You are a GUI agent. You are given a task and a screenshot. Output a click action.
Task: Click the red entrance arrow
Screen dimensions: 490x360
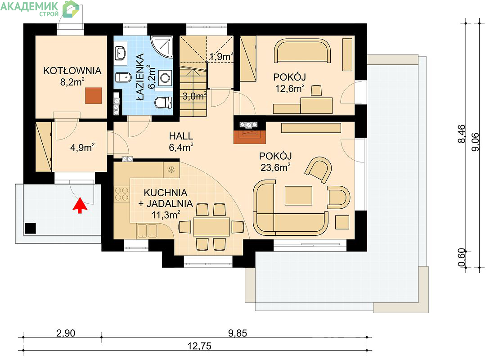tap(80, 205)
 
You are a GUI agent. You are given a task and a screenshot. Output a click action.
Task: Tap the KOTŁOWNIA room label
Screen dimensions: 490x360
tap(72, 71)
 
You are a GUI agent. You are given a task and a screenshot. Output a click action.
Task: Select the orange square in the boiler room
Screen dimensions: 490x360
tap(94, 95)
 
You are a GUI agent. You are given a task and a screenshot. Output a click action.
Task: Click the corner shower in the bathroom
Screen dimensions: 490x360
tap(163, 46)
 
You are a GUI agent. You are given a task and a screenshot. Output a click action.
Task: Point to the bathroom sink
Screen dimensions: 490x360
tap(120, 53)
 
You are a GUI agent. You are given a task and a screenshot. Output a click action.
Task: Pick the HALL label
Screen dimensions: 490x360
tap(181, 136)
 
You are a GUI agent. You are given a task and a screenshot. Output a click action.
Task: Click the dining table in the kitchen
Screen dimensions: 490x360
tap(211, 227)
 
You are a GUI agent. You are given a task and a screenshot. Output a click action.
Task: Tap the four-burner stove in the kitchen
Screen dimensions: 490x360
tap(122, 193)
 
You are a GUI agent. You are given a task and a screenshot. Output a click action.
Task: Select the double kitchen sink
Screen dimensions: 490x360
tap(147, 231)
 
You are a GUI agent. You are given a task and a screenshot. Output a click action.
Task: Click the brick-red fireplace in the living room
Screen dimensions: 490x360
tap(250, 136)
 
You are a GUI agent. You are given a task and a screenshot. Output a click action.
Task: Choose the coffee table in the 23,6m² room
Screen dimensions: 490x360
tap(298, 196)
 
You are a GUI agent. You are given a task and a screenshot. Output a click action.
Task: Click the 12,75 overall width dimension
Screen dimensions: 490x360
tap(199, 346)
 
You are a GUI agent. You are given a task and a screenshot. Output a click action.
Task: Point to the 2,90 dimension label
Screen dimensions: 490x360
tap(66, 333)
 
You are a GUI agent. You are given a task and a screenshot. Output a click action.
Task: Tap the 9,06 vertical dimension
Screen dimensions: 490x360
tap(475, 142)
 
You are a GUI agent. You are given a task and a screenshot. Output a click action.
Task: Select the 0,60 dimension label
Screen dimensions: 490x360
tap(462, 258)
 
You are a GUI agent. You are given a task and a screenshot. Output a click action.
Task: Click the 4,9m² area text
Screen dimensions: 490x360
tap(82, 147)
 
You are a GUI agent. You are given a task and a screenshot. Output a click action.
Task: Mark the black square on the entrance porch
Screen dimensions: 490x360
tap(30, 228)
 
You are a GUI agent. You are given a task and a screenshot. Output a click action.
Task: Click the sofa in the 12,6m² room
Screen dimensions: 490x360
tap(302, 50)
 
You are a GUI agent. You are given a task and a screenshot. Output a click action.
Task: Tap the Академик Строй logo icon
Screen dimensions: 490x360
tap(71, 9)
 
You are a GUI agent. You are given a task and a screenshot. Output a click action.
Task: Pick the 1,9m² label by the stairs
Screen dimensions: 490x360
tap(221, 57)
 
